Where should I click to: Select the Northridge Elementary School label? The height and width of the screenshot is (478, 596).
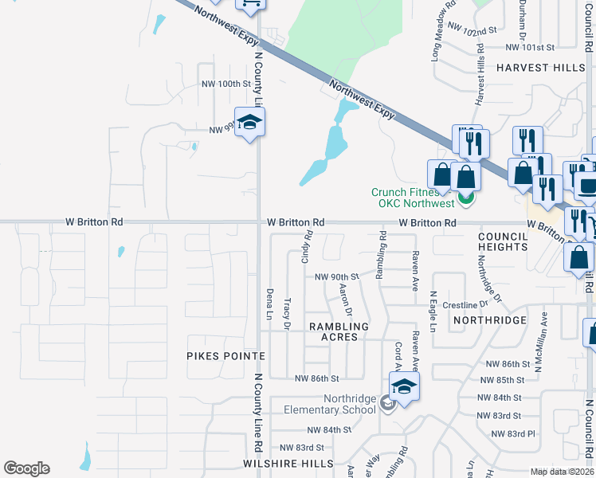pyautogui.click(x=331, y=404)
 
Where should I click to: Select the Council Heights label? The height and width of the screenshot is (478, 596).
pyautogui.click(x=504, y=241)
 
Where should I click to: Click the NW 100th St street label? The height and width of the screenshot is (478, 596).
pyautogui.click(x=226, y=84)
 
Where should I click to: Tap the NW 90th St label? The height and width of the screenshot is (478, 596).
pyautogui.click(x=337, y=276)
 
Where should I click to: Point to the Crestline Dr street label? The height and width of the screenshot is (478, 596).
pyautogui.click(x=465, y=305)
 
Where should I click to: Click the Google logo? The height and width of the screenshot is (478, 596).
pyautogui.click(x=26, y=468)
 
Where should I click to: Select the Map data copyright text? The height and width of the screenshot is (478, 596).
pyautogui.click(x=563, y=472)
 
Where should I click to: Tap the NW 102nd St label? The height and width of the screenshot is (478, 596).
pyautogui.click(x=472, y=28)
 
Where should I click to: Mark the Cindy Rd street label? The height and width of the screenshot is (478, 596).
pyautogui.click(x=308, y=248)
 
